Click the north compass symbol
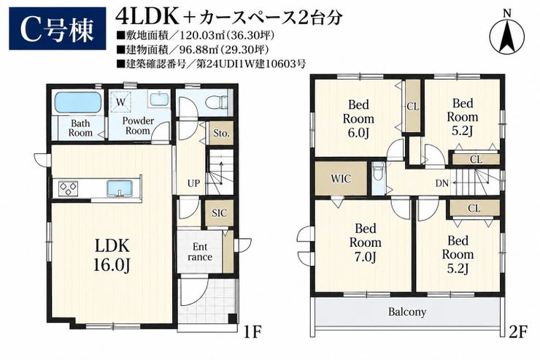506,33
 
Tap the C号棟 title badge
58,29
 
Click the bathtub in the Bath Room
78,102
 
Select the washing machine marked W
120,102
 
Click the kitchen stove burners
68,189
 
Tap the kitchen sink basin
120,189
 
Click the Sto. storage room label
221,133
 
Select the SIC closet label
220,213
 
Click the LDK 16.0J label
112,256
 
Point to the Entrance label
200,252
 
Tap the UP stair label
193,183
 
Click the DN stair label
442,183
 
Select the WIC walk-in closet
342,178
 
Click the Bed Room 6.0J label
358,118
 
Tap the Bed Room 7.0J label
366,242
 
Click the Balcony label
407,312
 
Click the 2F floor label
518,332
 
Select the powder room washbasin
159,100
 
